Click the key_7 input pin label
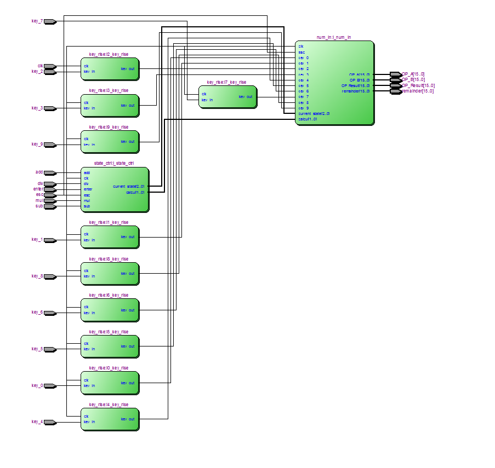click(37, 21)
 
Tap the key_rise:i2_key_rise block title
click(109, 54)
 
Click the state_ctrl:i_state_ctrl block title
click(114, 163)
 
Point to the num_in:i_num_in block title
click(334, 37)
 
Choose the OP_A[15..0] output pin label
click(413, 74)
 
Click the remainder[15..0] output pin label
click(418, 91)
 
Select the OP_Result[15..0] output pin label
click(418, 85)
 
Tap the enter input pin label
click(38, 189)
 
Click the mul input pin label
click(39, 200)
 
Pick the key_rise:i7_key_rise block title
click(226, 82)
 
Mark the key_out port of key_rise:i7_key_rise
click(245, 97)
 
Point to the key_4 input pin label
click(37, 421)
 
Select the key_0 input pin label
click(37, 385)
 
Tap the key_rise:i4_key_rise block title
click(109, 405)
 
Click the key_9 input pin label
click(37, 144)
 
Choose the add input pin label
click(39, 172)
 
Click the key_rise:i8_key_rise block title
click(109, 259)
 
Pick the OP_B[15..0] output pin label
click(413, 79)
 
